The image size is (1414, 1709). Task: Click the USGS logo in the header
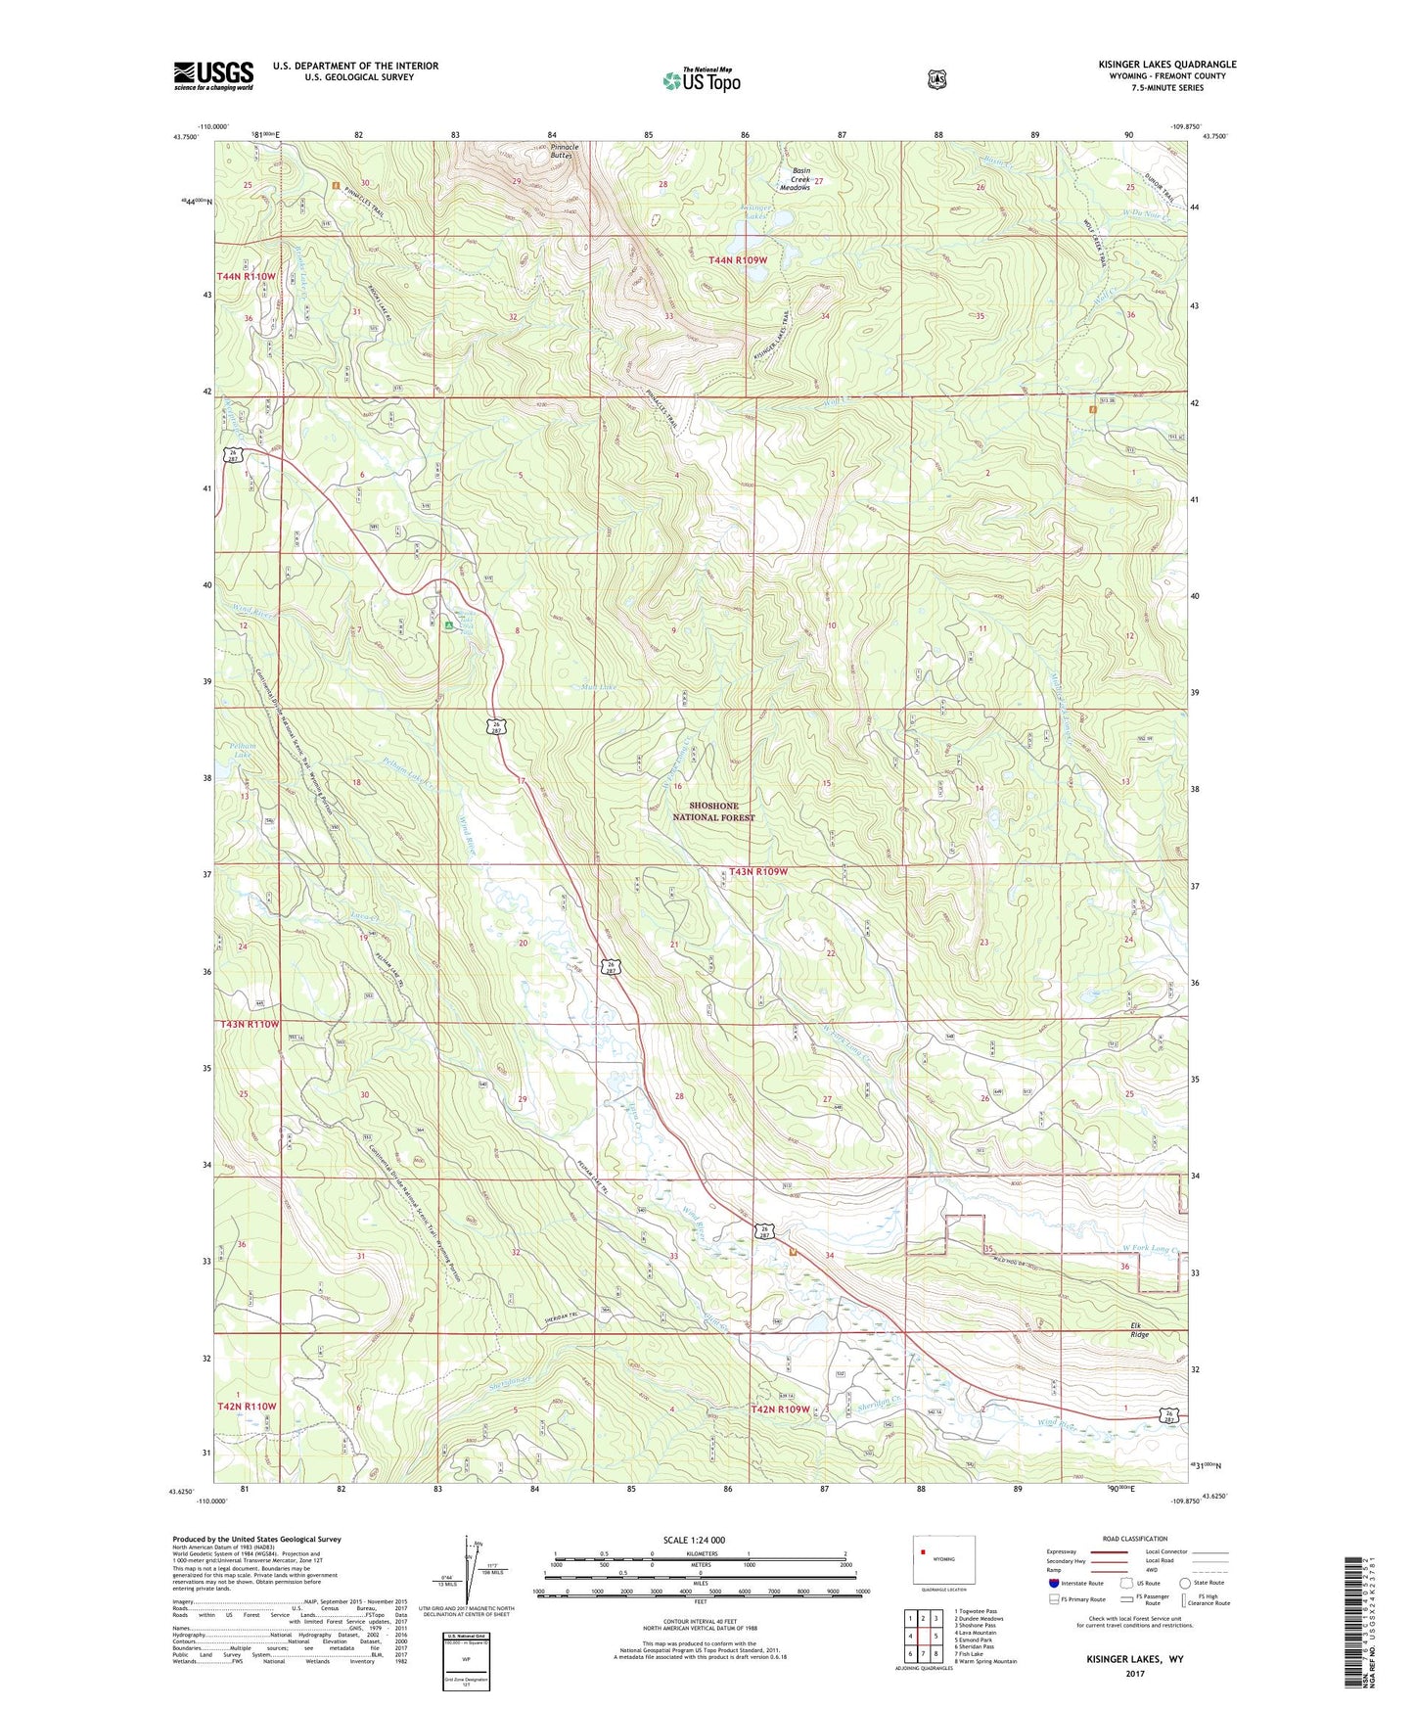point(213,75)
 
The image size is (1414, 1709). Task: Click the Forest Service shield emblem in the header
point(936,79)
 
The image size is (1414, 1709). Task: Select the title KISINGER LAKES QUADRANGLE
point(1166,65)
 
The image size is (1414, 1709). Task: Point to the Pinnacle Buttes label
point(564,151)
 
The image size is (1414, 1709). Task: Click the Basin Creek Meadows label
point(800,178)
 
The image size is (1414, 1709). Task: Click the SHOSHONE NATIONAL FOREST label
point(713,811)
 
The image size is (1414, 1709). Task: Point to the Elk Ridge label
point(1135,1329)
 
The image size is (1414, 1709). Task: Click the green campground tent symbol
point(448,624)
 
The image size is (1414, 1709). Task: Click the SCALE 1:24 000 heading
point(694,1540)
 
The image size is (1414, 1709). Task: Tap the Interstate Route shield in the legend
point(1053,1582)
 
